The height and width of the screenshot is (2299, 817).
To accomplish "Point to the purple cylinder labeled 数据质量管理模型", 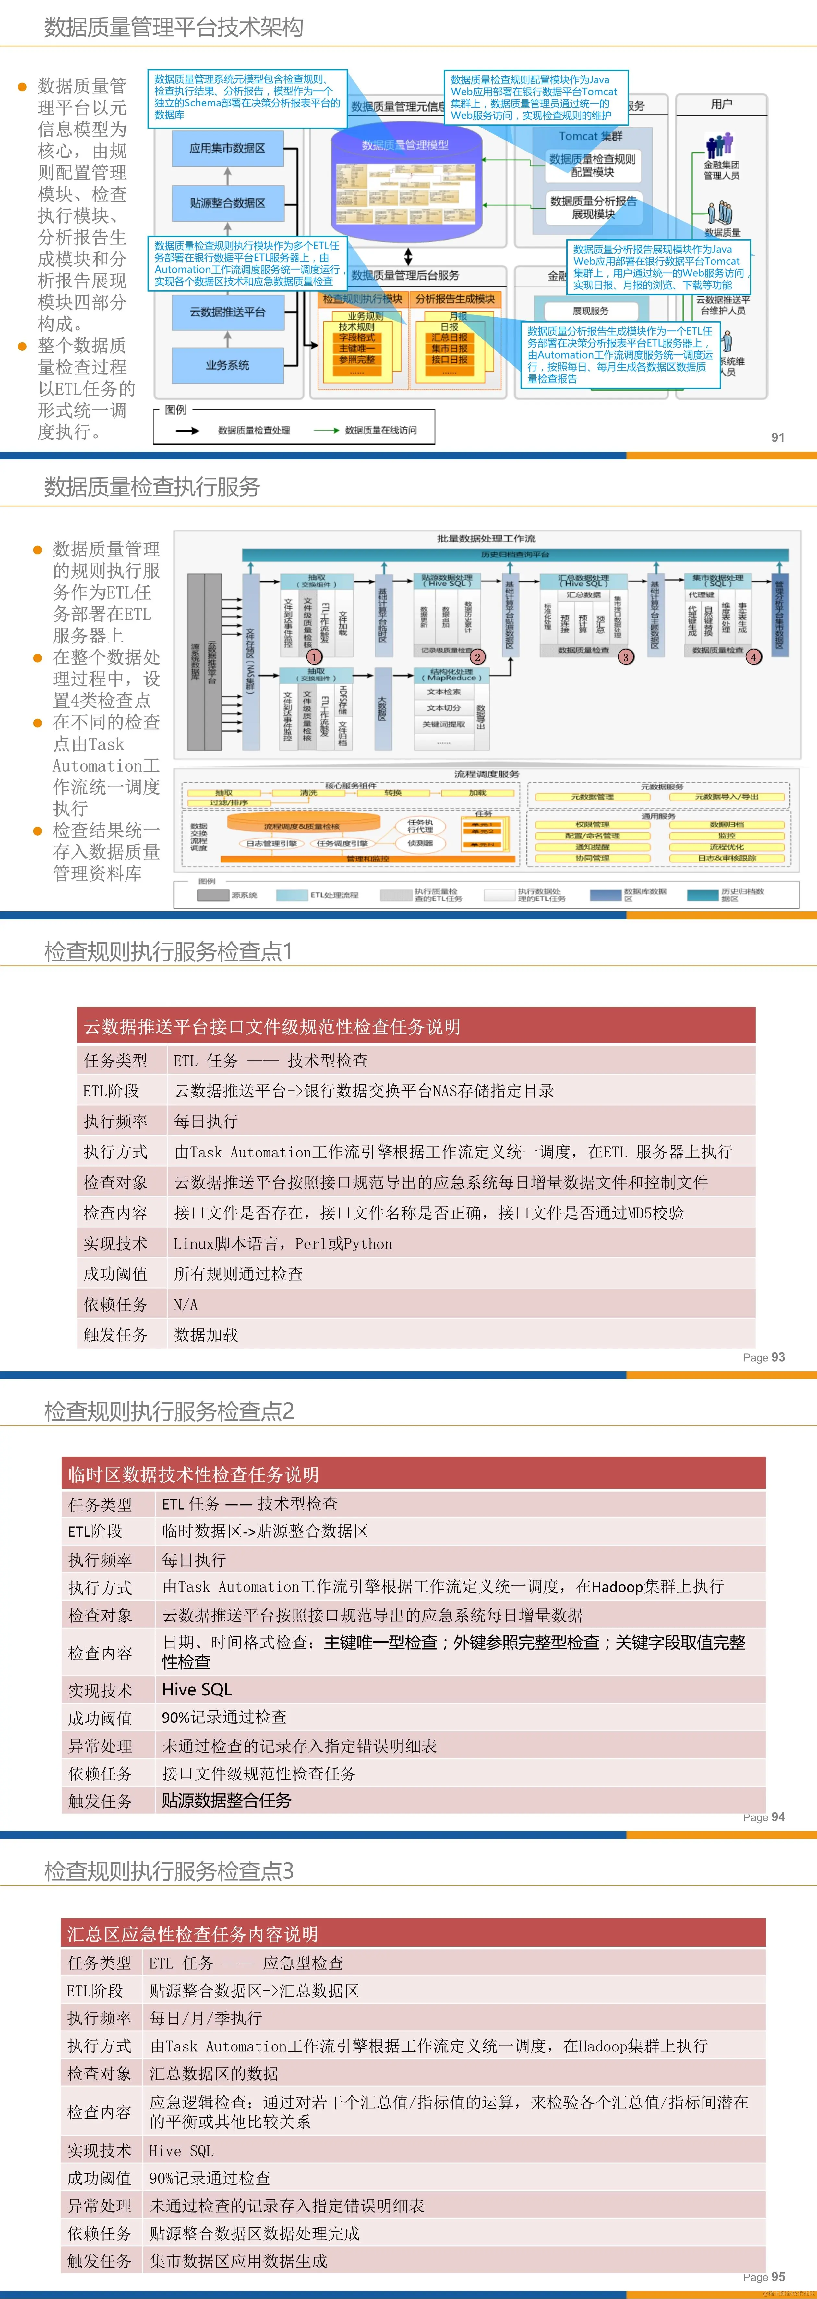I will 406,178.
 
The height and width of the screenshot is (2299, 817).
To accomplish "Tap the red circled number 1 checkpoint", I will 314,657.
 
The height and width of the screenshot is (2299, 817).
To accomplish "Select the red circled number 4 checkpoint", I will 754,657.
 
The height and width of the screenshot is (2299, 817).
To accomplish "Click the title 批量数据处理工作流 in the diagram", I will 486,538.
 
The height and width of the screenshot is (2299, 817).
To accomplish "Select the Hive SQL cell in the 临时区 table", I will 197,1689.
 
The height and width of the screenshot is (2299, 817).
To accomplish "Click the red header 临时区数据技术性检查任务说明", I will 194,1474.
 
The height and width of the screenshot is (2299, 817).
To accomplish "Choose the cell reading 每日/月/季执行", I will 206,2018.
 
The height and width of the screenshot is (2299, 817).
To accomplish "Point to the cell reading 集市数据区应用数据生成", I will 238,2261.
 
